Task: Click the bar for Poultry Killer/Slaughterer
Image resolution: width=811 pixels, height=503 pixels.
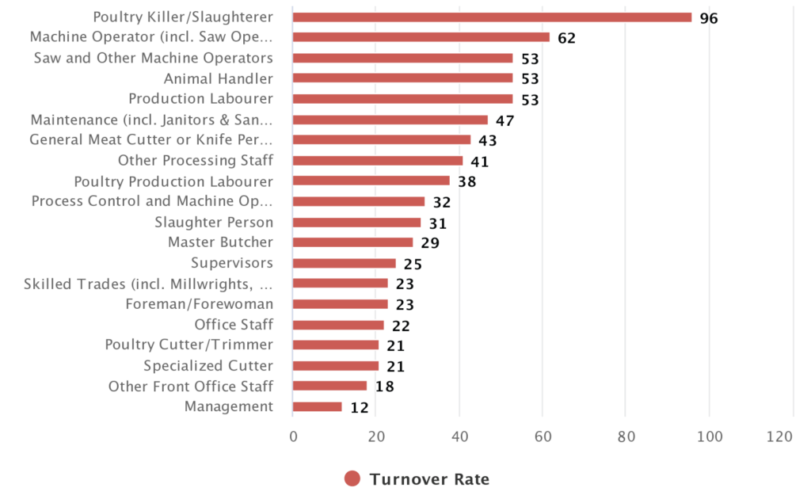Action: coord(492,17)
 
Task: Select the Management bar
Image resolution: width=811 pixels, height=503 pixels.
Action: coord(317,407)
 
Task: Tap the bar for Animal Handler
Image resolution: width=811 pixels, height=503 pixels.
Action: coord(402,78)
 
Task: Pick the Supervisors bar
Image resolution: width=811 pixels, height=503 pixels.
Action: coord(344,263)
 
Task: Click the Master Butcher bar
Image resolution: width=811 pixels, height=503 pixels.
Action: coord(352,242)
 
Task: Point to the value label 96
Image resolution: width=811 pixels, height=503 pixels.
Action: coord(709,17)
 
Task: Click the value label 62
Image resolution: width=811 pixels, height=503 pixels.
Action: coord(566,38)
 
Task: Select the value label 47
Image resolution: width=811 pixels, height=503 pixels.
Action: coord(505,120)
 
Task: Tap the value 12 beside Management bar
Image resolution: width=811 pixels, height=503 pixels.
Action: coord(359,408)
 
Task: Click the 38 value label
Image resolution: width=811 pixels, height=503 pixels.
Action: coord(466,181)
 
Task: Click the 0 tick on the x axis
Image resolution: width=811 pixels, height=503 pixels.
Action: coord(293,436)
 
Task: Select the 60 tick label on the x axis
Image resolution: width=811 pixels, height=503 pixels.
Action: coord(543,436)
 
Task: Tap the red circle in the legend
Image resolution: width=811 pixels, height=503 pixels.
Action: coord(352,478)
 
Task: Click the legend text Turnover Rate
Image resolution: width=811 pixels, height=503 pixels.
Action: coord(429,479)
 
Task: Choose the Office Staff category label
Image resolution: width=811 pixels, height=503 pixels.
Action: coord(234,325)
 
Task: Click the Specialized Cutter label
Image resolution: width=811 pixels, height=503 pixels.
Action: coord(208,366)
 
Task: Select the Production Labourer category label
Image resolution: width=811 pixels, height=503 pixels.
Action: coord(200,99)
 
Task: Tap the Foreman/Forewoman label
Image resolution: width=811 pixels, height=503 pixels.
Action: coord(199,304)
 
